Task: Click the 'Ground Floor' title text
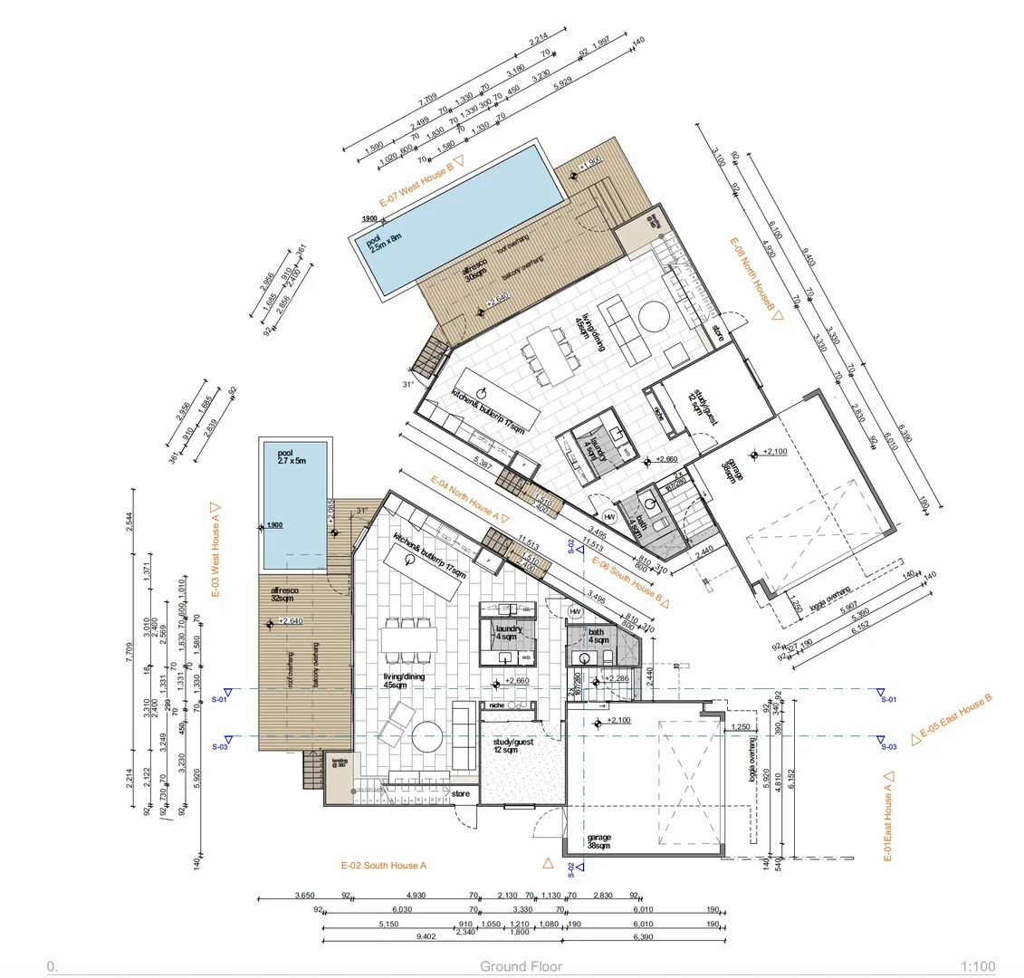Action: coord(521,966)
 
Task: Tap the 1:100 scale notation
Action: coord(980,966)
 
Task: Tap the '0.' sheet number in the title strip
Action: coord(52,966)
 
